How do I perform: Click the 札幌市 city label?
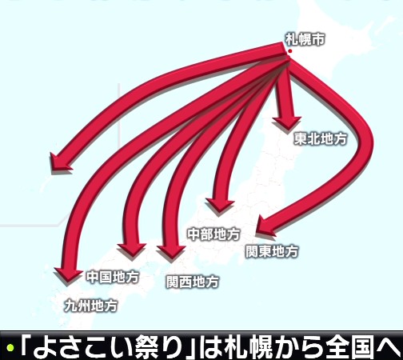click(x=305, y=39)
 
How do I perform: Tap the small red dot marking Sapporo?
click(x=290, y=51)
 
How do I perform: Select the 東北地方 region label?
click(x=321, y=138)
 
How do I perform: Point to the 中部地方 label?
click(x=214, y=234)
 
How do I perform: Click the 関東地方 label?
click(x=272, y=251)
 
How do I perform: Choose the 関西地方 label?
click(x=193, y=282)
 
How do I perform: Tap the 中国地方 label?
click(x=113, y=277)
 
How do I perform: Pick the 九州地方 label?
click(x=91, y=306)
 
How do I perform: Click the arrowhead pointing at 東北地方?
click(x=287, y=123)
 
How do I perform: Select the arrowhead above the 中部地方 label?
click(x=220, y=206)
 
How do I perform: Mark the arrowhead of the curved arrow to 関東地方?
click(x=265, y=226)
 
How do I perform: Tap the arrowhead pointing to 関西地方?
click(x=171, y=252)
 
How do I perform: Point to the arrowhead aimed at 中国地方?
click(x=132, y=250)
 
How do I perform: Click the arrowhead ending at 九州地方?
click(x=68, y=274)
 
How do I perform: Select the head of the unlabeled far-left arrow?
click(x=60, y=162)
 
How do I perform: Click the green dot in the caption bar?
click(x=10, y=348)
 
